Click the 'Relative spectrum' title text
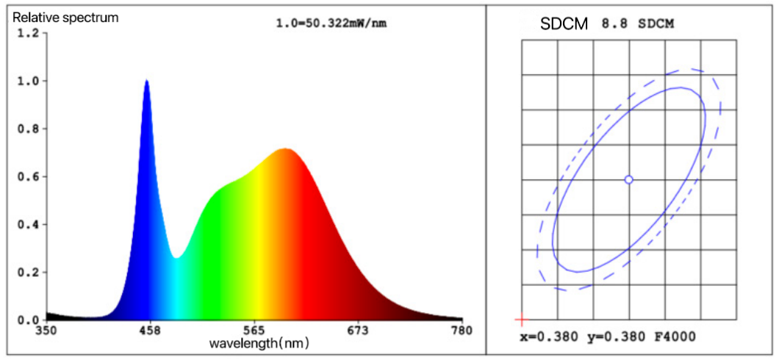pos(65,17)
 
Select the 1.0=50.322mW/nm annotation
pos(331,24)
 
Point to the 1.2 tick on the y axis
pos(26,34)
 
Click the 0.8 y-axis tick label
pos(26,129)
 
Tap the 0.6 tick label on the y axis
pos(26,177)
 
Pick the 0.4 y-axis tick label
pos(26,225)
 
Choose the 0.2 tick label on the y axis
pos(26,273)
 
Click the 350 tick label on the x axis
pos(46,331)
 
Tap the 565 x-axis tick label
pos(254,331)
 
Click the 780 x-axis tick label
pos(462,331)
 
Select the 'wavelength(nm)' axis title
pos(259,343)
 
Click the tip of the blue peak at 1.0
pos(147,81)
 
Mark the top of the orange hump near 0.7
pos(285,150)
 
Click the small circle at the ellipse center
pos(628,179)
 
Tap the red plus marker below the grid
pos(521,320)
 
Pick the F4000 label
pos(674,337)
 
